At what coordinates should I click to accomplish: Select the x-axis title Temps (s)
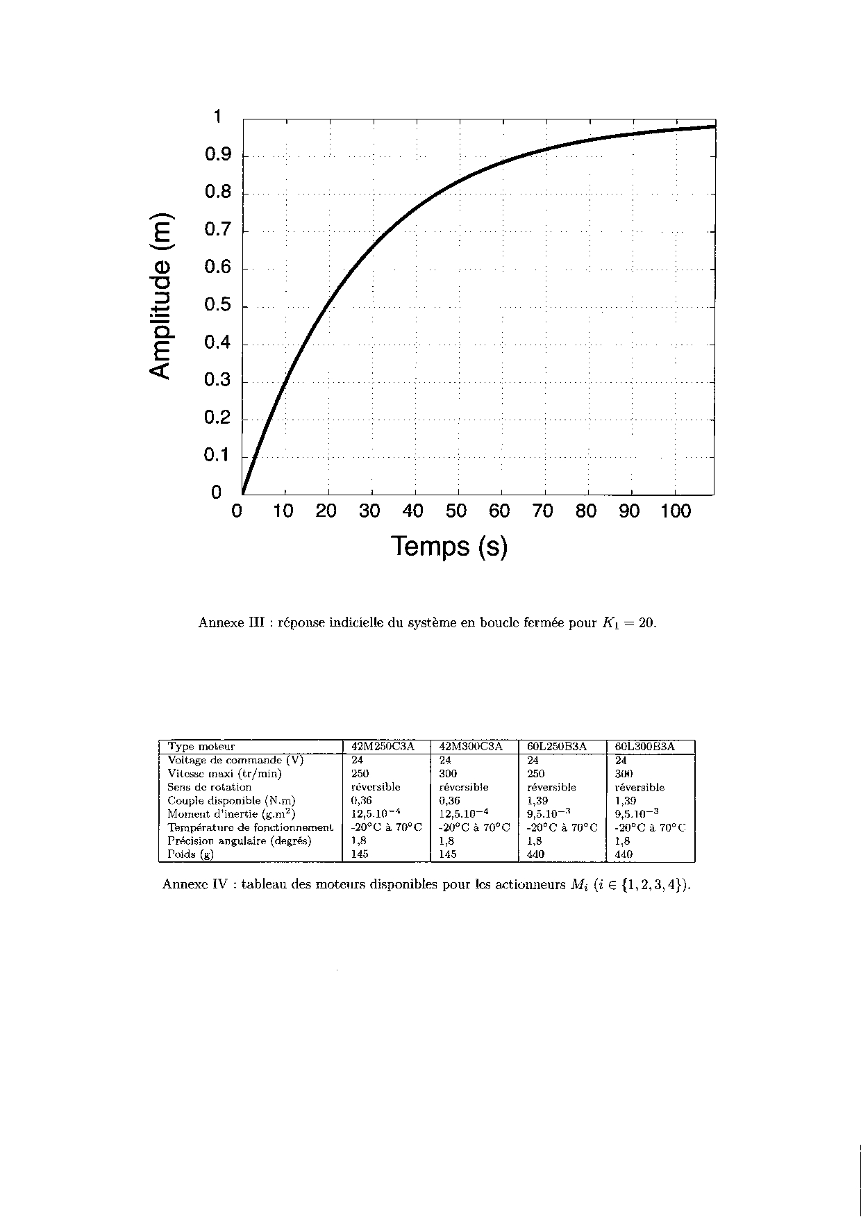point(449,547)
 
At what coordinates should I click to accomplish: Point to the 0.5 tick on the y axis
point(218,306)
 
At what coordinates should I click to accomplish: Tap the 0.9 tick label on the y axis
point(218,155)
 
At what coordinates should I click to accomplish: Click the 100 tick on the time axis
point(676,511)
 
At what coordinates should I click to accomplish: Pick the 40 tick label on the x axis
point(413,511)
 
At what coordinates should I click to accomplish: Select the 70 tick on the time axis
point(543,511)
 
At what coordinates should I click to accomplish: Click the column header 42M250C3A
point(383,747)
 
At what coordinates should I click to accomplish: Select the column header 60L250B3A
point(557,747)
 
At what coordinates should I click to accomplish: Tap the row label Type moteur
point(201,747)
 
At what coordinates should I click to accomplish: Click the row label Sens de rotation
point(209,787)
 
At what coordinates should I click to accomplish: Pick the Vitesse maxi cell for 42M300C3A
point(448,774)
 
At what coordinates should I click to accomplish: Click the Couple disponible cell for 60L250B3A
point(537,801)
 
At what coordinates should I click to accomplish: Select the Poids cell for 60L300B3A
point(624,854)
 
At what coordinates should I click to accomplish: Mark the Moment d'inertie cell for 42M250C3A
point(376,813)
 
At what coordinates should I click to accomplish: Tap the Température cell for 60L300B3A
point(649,827)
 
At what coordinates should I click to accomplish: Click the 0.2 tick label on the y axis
point(218,419)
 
